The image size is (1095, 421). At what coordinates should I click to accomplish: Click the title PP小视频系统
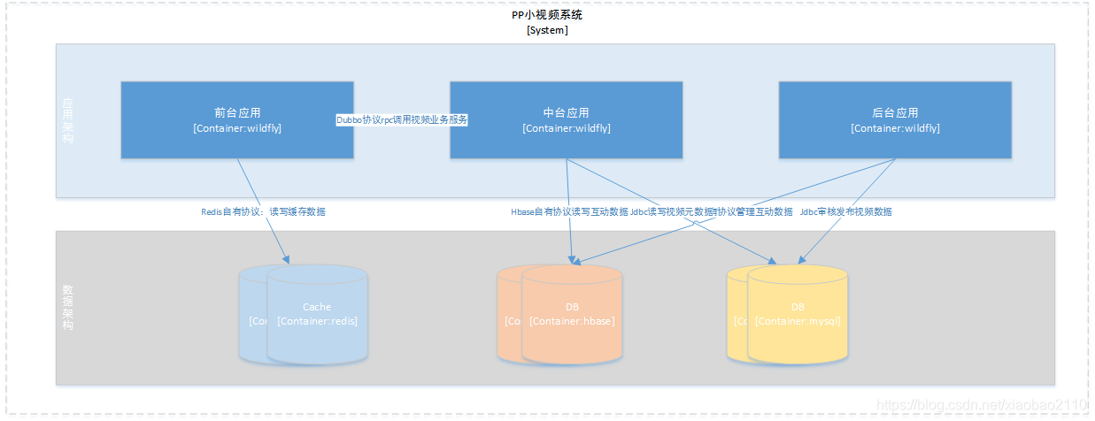click(x=547, y=15)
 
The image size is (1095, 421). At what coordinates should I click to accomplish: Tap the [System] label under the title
click(x=547, y=30)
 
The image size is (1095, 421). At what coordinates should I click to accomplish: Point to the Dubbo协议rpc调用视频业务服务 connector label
click(x=401, y=119)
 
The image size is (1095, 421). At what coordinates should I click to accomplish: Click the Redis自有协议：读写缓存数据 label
click(x=263, y=212)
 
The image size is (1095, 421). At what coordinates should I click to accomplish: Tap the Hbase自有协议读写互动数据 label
click(x=569, y=212)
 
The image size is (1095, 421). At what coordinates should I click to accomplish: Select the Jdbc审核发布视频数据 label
click(x=845, y=212)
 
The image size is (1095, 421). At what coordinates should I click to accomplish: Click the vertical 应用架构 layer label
click(x=68, y=121)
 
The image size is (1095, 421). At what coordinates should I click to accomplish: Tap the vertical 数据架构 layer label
click(x=68, y=308)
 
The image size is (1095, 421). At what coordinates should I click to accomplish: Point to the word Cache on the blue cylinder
click(x=317, y=308)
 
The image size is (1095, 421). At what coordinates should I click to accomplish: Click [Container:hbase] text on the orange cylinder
click(x=572, y=321)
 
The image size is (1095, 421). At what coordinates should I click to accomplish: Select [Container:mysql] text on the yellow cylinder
click(x=798, y=321)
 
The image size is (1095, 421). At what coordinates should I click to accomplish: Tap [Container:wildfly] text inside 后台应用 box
click(x=895, y=128)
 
